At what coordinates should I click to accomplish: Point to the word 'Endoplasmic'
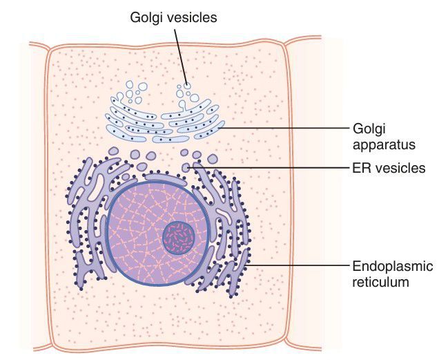(x=387, y=267)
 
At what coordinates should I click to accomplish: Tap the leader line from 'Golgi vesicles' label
(x=179, y=55)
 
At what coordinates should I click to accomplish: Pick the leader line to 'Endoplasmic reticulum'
(x=297, y=266)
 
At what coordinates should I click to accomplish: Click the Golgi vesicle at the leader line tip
(x=186, y=86)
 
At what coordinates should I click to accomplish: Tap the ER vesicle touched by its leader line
(x=186, y=167)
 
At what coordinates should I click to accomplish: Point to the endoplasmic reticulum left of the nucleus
(x=86, y=221)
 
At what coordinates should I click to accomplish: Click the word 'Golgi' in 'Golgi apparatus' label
(x=368, y=130)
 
